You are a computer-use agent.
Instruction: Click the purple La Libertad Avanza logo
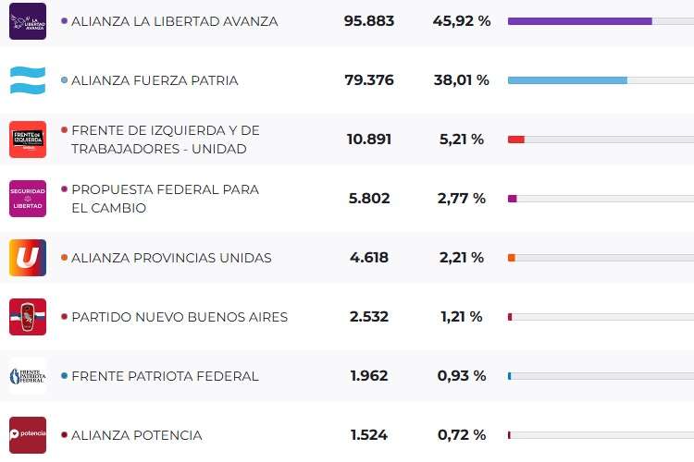(x=28, y=21)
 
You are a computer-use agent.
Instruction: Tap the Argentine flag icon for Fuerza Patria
(x=28, y=80)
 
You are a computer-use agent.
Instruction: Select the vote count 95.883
(x=368, y=21)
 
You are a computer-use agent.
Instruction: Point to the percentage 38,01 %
(x=461, y=80)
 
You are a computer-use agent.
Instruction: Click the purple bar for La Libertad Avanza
(x=579, y=21)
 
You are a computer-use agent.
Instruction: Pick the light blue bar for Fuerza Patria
(x=567, y=80)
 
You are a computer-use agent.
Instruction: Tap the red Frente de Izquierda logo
(x=28, y=140)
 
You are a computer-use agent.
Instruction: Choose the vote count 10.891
(x=368, y=140)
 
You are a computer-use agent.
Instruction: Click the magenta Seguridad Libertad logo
(x=28, y=199)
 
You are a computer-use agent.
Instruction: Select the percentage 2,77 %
(x=461, y=199)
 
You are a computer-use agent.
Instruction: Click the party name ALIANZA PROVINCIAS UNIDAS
(x=171, y=258)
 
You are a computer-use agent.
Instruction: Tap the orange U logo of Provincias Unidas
(x=28, y=258)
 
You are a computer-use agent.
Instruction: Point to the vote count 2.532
(x=368, y=317)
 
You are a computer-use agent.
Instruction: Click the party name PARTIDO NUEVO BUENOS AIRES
(x=180, y=317)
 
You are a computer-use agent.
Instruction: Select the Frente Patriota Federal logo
(x=28, y=376)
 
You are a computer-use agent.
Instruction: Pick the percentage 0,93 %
(x=461, y=376)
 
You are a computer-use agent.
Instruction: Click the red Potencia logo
(x=28, y=435)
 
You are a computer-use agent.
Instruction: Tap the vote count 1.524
(x=368, y=435)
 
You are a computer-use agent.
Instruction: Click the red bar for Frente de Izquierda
(x=516, y=140)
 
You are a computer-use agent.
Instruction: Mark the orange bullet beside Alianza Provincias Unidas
(x=64, y=258)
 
